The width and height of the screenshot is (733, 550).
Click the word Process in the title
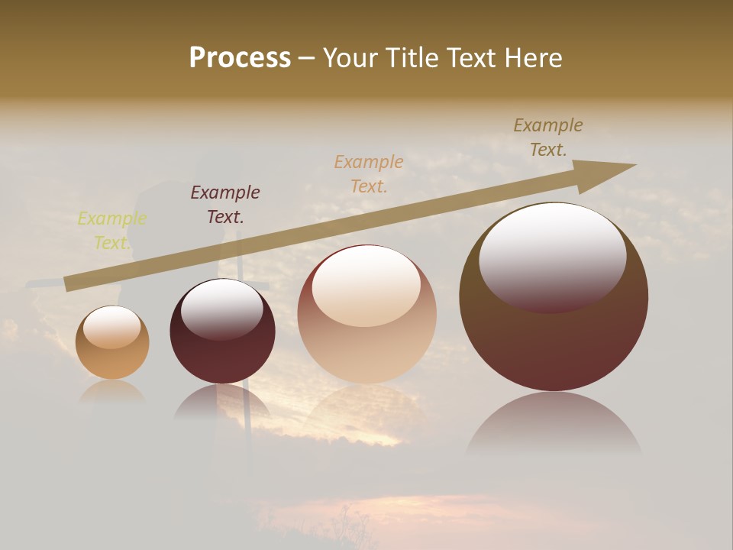coord(240,58)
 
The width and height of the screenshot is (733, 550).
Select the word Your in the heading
coord(351,58)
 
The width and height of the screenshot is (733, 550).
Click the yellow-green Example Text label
coord(111,231)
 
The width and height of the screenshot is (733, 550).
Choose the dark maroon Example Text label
coord(225,205)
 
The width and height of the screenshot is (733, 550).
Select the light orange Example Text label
coord(369,174)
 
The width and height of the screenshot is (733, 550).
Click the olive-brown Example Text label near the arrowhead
coord(548,137)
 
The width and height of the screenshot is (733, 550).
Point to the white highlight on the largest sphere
coord(552,257)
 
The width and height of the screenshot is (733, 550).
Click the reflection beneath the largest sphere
coord(554,424)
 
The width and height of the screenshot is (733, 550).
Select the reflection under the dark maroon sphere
coord(222,401)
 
